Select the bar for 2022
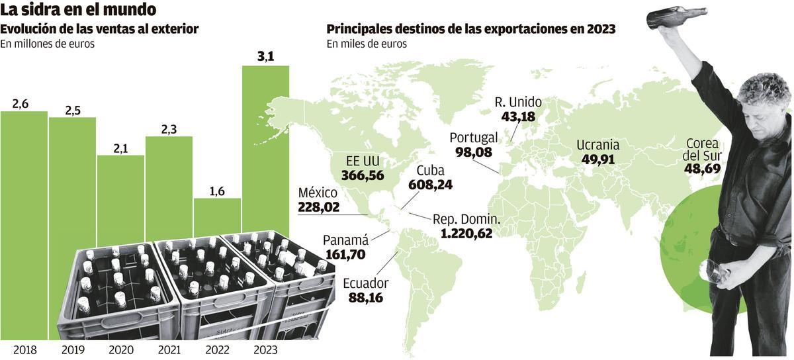(217, 218)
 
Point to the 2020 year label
(121, 349)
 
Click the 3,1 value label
(265, 57)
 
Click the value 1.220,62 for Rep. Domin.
(466, 233)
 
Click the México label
(318, 193)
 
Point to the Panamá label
(345, 240)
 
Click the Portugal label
(473, 138)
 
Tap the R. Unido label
(518, 103)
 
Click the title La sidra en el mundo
(79, 10)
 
